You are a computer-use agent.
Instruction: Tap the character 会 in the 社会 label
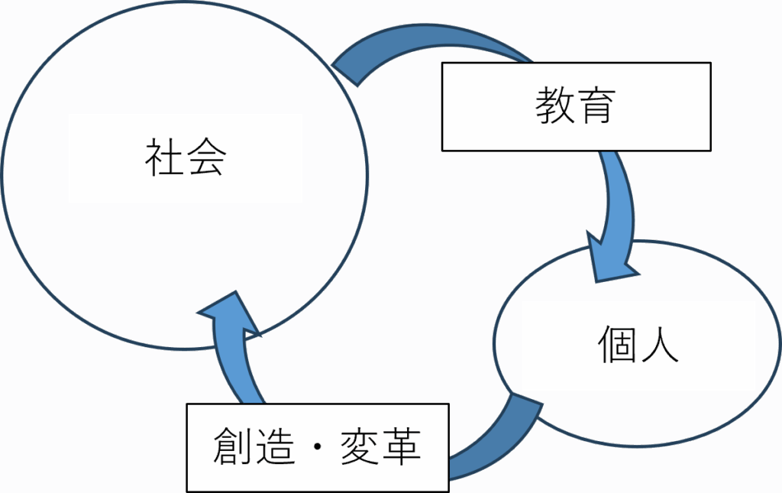click(x=206, y=158)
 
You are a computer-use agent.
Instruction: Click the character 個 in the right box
click(x=617, y=345)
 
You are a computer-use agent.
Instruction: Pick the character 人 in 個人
click(x=658, y=345)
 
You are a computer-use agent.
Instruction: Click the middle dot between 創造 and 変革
click(x=317, y=446)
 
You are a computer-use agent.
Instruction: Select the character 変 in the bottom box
click(x=359, y=446)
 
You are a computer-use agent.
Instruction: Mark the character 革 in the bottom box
click(x=401, y=446)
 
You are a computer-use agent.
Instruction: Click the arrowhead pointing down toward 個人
click(x=611, y=256)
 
